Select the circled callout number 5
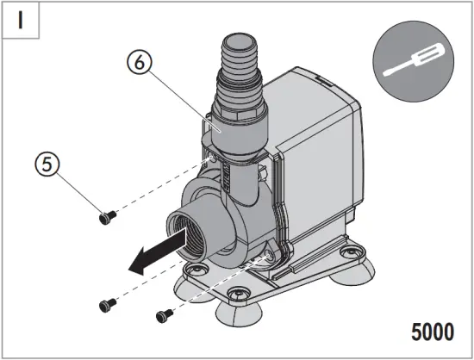point(48,164)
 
